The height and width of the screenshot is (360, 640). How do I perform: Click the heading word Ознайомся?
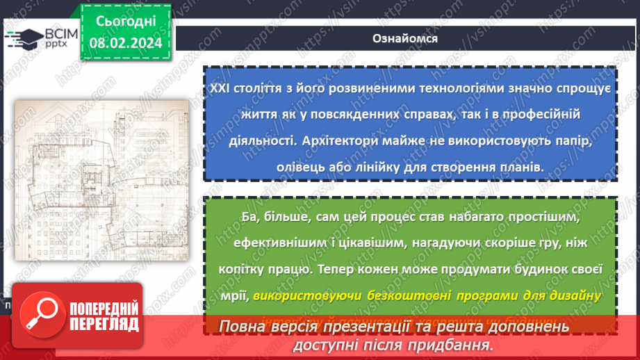(405, 38)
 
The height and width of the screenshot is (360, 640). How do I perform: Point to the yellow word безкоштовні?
(407, 295)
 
